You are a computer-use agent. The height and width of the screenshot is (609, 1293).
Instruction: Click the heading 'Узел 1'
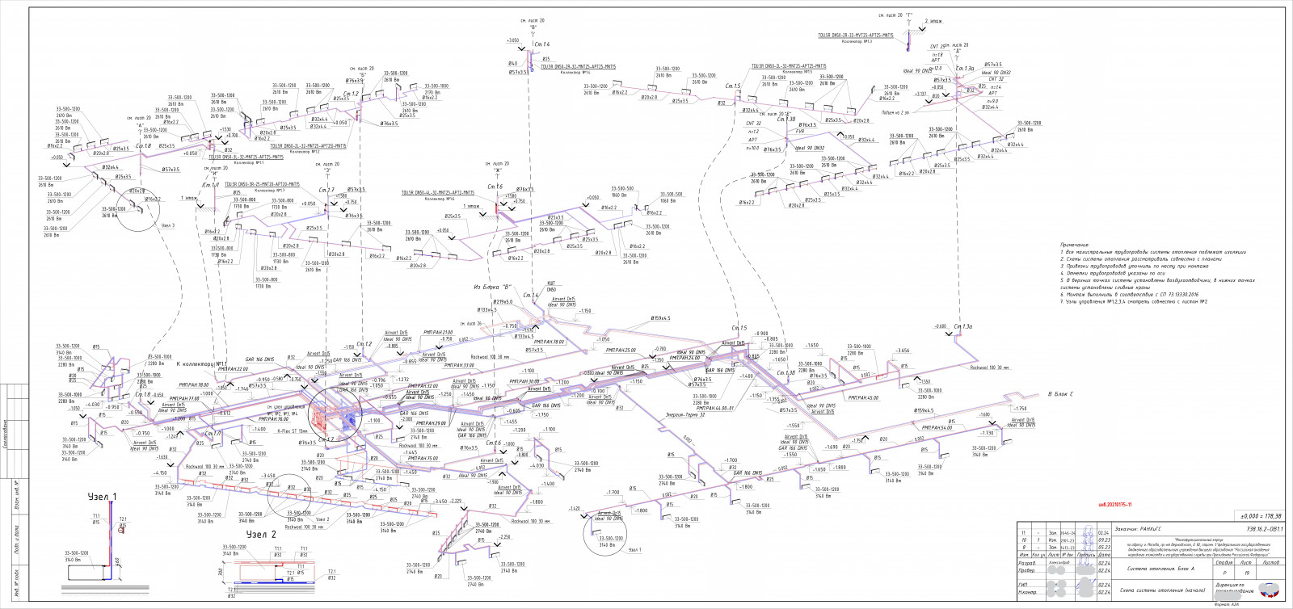(x=102, y=497)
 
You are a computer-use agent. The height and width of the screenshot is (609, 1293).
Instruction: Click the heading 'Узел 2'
(x=261, y=534)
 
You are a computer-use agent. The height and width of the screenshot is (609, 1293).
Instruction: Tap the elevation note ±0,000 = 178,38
(x=1261, y=516)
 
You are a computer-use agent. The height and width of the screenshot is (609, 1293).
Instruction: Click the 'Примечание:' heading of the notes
(x=1075, y=245)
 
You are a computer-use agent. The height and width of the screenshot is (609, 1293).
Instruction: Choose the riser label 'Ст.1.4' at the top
(x=541, y=44)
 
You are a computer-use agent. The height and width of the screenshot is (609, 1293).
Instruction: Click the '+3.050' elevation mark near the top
(x=512, y=40)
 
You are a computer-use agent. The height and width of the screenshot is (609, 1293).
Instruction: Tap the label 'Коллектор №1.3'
(x=857, y=41)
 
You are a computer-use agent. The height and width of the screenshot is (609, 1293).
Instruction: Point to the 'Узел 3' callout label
(x=167, y=225)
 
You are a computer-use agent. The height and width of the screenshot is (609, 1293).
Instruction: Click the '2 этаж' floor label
(x=933, y=21)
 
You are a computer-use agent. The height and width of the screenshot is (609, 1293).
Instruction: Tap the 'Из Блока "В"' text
(x=492, y=287)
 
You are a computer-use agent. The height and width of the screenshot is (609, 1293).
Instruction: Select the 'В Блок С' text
(x=1060, y=394)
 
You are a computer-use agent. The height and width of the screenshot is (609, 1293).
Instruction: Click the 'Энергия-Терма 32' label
(x=684, y=414)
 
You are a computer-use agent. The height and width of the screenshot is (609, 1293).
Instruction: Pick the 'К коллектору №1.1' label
(x=202, y=364)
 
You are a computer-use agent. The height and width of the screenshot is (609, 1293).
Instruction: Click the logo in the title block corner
(x=1269, y=590)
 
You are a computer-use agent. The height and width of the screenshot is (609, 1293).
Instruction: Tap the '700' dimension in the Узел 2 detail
(x=221, y=572)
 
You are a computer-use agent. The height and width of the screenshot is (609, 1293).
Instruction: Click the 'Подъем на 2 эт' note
(x=895, y=112)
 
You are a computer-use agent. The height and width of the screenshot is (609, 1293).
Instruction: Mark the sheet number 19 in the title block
(x=1247, y=573)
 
